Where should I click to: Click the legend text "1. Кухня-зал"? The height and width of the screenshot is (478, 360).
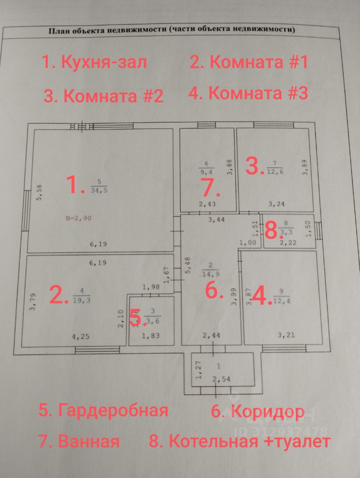click(x=94, y=63)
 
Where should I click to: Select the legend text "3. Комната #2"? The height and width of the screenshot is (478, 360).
click(x=103, y=95)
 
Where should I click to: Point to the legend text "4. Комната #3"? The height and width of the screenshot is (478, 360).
click(x=248, y=93)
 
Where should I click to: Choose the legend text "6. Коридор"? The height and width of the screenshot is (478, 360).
click(x=258, y=412)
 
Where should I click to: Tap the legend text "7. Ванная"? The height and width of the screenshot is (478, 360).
click(x=79, y=441)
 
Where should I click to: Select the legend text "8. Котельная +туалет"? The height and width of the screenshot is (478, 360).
click(x=240, y=441)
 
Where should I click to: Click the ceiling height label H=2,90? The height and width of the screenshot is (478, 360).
click(x=79, y=218)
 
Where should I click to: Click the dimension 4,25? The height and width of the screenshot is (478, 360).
click(x=81, y=337)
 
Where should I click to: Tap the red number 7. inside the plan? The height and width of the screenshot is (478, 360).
click(x=208, y=188)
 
